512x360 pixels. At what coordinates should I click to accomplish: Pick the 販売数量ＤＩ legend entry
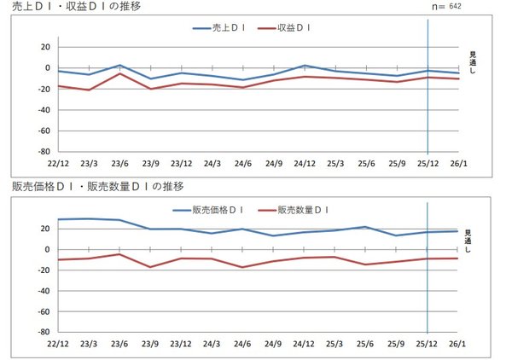click(x=295, y=210)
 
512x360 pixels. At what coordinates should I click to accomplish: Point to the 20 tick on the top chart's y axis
click(x=46, y=47)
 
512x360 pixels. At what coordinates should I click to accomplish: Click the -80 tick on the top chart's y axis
click(x=44, y=151)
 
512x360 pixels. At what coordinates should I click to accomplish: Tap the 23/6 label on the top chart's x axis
click(x=120, y=163)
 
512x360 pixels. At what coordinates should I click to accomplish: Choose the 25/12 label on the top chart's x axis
click(x=428, y=163)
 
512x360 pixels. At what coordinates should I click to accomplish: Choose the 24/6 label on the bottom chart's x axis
click(x=243, y=343)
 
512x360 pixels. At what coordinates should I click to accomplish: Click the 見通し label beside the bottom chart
click(x=468, y=240)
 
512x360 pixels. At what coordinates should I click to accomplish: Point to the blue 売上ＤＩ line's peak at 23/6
click(x=120, y=65)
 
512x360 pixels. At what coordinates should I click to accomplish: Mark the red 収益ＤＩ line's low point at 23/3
click(x=90, y=90)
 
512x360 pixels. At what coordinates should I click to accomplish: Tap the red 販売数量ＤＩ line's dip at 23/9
click(x=151, y=267)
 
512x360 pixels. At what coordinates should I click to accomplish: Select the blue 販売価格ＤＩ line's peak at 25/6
click(x=365, y=227)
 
